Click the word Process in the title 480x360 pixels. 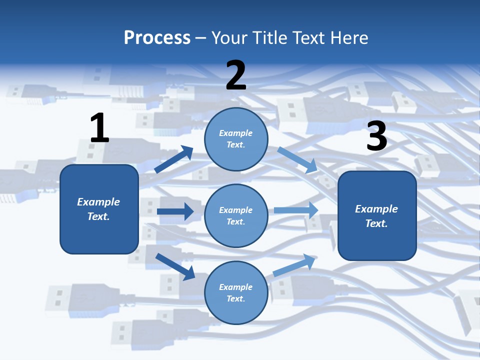click(157, 38)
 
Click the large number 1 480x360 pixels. click(99, 128)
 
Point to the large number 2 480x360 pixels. click(236, 75)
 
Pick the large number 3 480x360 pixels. click(376, 136)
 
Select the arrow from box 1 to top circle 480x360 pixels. click(174, 159)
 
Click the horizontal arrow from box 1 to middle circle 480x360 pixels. click(175, 211)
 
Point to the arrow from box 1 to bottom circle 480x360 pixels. click(175, 266)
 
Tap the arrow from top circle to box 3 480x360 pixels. click(297, 159)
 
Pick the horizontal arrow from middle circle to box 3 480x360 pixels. click(296, 210)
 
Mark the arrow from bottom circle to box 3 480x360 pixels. click(294, 265)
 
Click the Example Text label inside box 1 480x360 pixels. click(98, 209)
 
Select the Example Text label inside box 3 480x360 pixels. click(376, 216)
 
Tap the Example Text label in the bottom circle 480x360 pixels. click(236, 293)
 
